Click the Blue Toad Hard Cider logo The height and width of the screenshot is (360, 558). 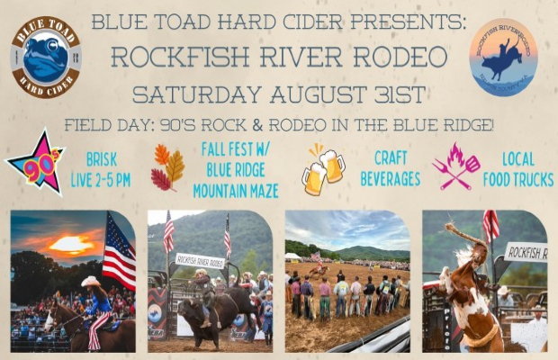tap(46, 57)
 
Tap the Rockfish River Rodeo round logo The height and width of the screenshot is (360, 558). tap(503, 57)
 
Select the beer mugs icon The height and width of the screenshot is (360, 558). tap(322, 168)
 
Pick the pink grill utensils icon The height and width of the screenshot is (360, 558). tap(455, 166)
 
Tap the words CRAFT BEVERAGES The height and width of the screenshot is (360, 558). tap(390, 168)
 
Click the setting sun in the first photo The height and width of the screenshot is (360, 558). tap(71, 244)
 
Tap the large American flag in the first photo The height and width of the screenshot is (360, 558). tap(119, 251)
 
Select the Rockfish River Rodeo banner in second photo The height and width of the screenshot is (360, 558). tap(200, 260)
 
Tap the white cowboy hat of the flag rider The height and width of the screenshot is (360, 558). tap(92, 282)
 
